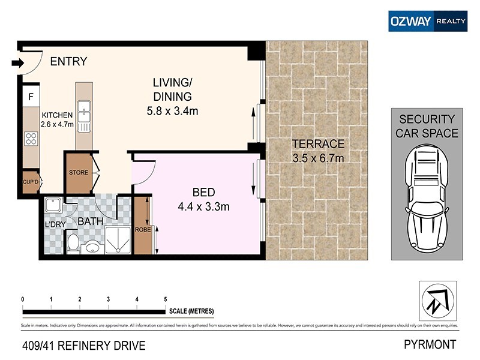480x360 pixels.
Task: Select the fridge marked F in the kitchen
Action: coord(30,97)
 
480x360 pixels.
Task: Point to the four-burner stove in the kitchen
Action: coord(30,139)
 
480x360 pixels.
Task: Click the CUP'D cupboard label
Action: coord(31,182)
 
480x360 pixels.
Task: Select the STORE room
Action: coord(78,173)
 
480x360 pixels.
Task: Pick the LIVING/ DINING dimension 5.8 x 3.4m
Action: coord(172,111)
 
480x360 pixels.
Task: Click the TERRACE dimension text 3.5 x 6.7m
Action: coord(317,158)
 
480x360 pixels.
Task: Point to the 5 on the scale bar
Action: coord(165,299)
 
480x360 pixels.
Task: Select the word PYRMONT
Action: coord(431,345)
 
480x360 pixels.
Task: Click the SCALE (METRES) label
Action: coord(191,311)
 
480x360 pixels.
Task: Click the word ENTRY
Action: coord(68,61)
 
